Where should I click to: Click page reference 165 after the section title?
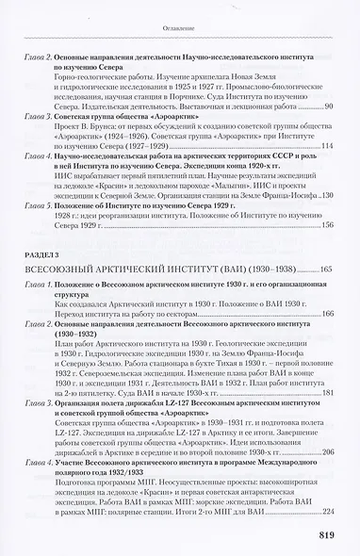(x=327, y=243)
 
